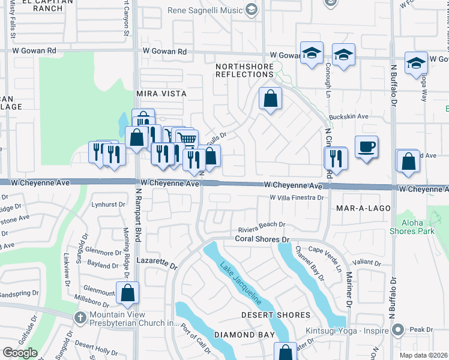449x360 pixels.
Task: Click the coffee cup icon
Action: (366, 146)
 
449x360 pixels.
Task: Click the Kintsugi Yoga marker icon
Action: (396, 329)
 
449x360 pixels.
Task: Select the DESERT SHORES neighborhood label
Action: (276, 315)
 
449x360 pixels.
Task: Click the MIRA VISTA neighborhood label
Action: (161, 94)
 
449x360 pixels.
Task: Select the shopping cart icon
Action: (187, 139)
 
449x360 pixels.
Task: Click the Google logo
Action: (20, 353)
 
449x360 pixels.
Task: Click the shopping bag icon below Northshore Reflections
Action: (270, 98)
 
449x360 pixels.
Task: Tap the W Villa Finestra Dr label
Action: (297, 197)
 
